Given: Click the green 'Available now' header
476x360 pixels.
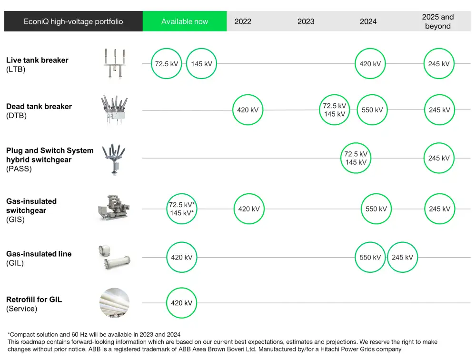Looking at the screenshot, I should pyautogui.click(x=185, y=21).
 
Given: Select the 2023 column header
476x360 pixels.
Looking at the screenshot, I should pyautogui.click(x=306, y=21).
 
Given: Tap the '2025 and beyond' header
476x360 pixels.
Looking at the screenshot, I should pyautogui.click(x=438, y=21).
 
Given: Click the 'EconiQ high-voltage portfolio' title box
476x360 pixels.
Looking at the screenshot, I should pyautogui.click(x=73, y=21).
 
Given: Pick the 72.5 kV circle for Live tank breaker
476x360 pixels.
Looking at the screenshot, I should pyautogui.click(x=166, y=64).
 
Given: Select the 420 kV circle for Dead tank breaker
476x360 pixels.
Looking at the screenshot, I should pyautogui.click(x=248, y=110).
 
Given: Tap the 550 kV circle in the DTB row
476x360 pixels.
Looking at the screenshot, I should pyautogui.click(x=372, y=110).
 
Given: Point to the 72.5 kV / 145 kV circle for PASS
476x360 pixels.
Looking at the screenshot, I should pyautogui.click(x=356, y=158).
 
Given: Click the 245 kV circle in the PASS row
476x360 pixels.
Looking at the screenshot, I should pyautogui.click(x=439, y=158).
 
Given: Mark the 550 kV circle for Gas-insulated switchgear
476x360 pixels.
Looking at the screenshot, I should pyautogui.click(x=377, y=209).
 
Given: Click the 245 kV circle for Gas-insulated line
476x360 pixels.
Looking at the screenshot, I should pyautogui.click(x=403, y=258).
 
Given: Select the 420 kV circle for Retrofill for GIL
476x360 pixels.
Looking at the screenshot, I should pyautogui.click(x=182, y=303).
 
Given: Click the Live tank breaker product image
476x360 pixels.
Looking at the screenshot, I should pyautogui.click(x=115, y=64).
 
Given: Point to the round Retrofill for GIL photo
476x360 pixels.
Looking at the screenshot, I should pyautogui.click(x=114, y=303).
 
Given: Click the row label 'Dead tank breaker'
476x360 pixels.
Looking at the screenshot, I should pyautogui.click(x=39, y=107).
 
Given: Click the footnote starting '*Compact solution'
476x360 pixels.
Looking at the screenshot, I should pyautogui.click(x=94, y=334).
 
